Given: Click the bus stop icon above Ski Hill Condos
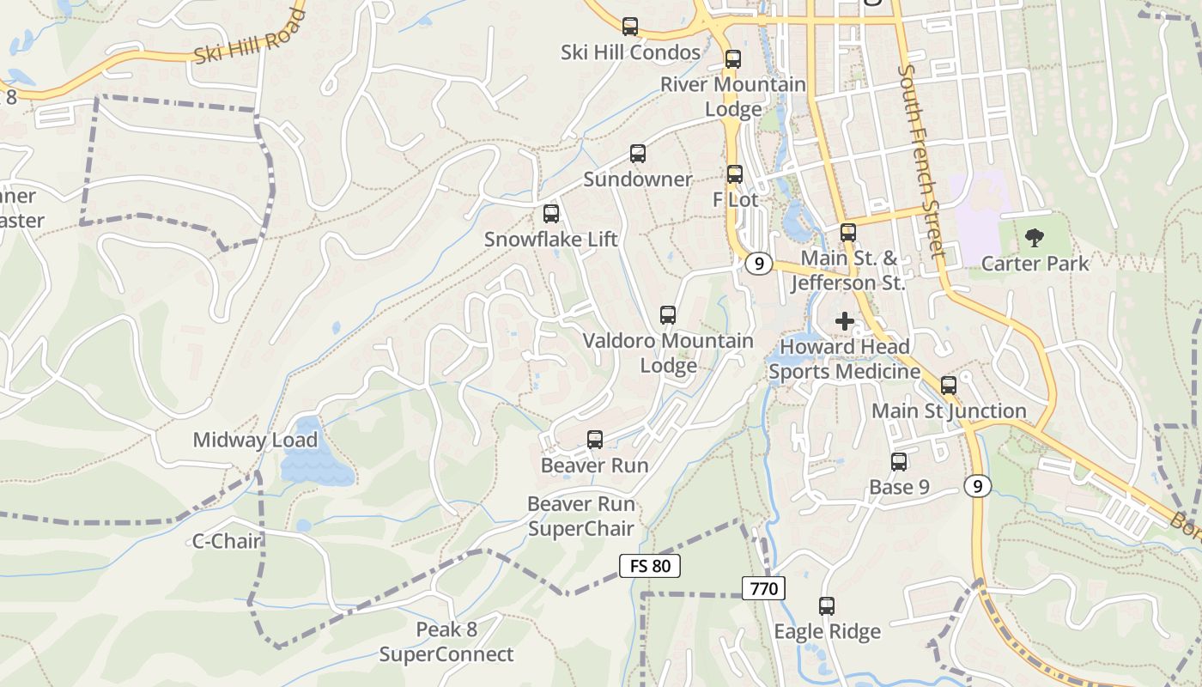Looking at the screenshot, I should (630, 27).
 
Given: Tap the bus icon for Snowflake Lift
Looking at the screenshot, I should (551, 214).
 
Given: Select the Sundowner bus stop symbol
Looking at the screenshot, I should (638, 154).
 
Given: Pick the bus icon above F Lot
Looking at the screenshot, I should (735, 174).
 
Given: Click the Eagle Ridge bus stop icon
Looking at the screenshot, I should (827, 606).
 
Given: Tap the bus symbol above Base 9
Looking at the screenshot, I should (899, 462).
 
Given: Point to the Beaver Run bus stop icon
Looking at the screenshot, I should (595, 440).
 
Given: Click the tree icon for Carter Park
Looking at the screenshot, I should (1035, 238).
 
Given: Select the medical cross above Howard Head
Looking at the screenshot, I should (845, 321).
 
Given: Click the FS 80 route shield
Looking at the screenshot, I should (650, 566).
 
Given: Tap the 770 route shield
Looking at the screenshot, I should (763, 588).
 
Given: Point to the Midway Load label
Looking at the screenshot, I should (255, 441).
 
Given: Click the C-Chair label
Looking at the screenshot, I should (227, 541).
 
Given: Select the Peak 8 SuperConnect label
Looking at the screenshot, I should (446, 642).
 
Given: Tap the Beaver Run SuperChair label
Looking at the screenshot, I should (581, 516).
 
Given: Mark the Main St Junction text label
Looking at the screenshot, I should (949, 411).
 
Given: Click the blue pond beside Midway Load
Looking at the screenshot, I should (314, 455).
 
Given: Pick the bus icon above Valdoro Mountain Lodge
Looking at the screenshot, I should (668, 315).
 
